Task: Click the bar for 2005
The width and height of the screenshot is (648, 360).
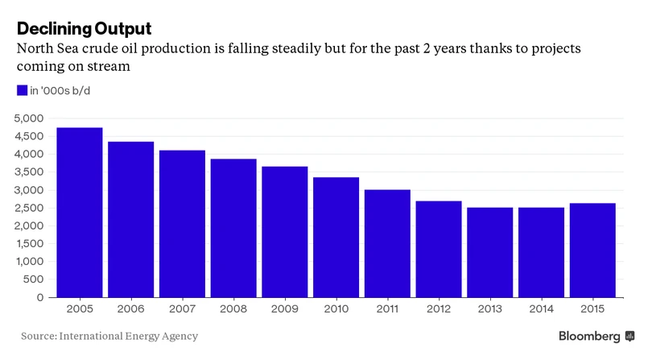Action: (79, 213)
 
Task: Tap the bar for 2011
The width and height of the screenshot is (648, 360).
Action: (387, 243)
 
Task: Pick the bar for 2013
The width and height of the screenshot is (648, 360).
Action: (489, 252)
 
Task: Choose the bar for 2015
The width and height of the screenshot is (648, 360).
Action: (592, 250)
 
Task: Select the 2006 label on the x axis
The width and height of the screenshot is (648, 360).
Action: (130, 309)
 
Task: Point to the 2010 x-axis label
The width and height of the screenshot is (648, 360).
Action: (336, 309)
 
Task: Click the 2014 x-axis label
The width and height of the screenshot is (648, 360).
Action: (541, 309)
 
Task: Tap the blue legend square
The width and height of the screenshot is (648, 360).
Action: (22, 90)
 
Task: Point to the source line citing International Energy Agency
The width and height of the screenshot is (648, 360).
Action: (109, 336)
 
